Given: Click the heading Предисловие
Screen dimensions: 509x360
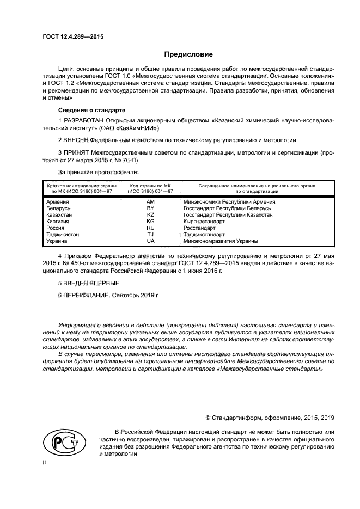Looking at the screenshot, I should point(188,54).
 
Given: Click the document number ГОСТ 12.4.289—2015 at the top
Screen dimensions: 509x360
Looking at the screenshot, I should point(72,36).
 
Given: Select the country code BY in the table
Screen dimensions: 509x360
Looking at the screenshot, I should point(151,208).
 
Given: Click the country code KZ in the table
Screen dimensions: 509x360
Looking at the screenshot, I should point(151,214).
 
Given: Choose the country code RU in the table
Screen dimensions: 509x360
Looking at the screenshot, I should point(151,228).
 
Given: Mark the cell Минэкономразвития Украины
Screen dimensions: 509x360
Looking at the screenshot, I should point(221,241).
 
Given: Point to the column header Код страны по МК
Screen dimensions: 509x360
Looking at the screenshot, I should point(150,186).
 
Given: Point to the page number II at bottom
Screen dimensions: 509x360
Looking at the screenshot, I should point(45,462).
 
